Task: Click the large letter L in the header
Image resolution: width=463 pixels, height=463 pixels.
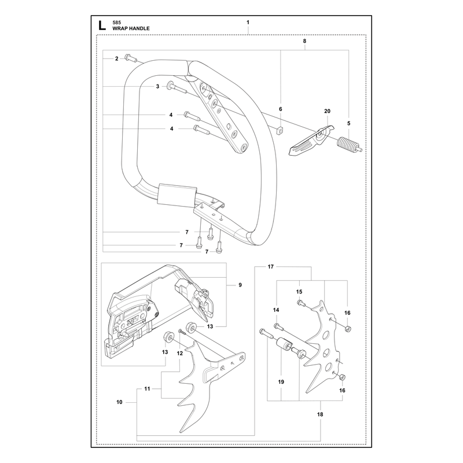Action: (x=102, y=25)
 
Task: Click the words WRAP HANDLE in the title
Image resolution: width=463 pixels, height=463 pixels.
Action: (x=131, y=28)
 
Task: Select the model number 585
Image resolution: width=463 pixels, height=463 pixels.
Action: (x=116, y=23)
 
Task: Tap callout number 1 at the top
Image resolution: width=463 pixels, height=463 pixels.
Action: (x=248, y=22)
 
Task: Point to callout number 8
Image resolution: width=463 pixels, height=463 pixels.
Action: (x=304, y=41)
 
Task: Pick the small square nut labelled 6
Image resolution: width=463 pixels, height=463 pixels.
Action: (x=280, y=130)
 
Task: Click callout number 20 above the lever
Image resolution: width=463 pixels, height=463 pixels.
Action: (x=327, y=111)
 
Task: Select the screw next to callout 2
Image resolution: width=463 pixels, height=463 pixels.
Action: (x=131, y=58)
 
